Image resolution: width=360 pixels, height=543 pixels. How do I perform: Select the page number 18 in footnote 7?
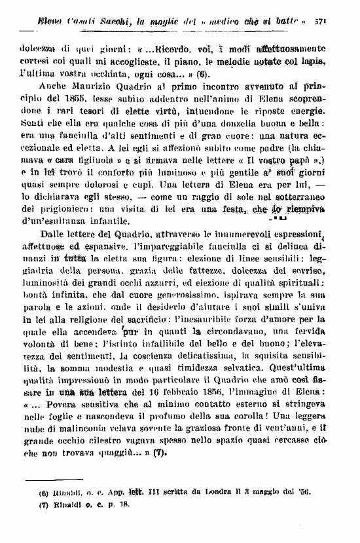coord(123,521)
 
